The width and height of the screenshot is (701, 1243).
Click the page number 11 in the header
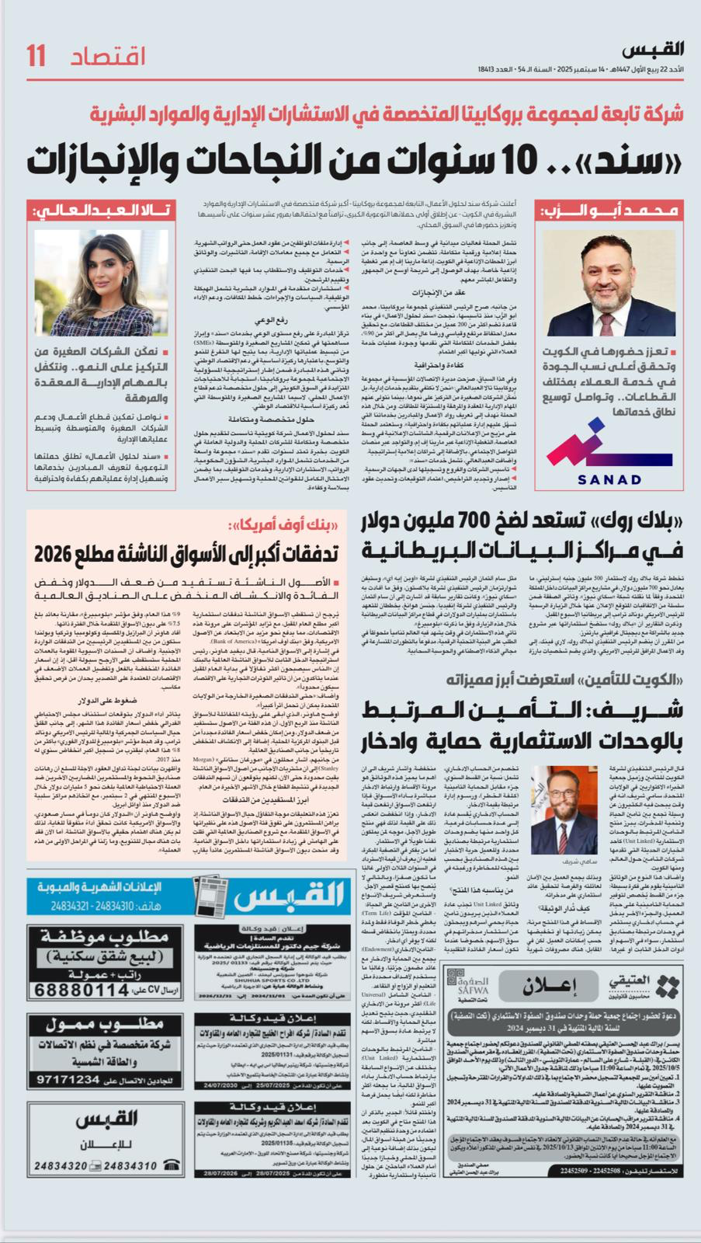(x=36, y=57)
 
